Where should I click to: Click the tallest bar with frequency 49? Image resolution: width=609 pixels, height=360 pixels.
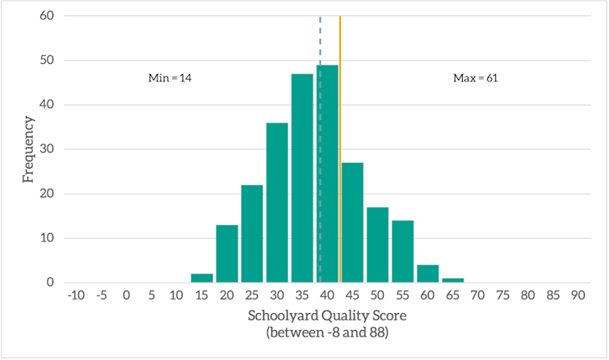tap(327, 174)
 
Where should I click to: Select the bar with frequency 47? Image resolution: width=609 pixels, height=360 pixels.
tap(302, 178)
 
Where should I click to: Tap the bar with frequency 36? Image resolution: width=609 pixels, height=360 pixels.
tap(277, 203)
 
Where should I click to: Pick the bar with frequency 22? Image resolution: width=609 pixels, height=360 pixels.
tap(252, 233)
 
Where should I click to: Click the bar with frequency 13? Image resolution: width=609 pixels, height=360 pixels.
tap(227, 253)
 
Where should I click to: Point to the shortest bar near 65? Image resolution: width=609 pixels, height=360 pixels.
tap(452, 280)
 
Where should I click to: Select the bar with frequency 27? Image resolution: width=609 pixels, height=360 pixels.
tap(352, 222)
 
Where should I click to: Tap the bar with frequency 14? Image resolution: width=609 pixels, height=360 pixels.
tap(402, 251)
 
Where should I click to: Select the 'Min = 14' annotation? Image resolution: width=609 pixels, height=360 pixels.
tap(170, 78)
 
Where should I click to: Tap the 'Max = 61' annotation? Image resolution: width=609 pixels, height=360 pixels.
tap(476, 78)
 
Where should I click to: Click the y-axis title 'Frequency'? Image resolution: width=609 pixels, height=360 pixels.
tap(28, 149)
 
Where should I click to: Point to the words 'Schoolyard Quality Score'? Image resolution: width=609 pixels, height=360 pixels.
tap(327, 316)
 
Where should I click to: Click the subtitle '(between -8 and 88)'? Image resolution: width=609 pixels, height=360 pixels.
tap(327, 332)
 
